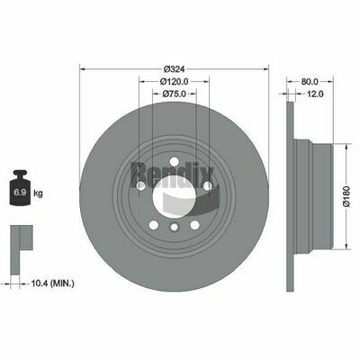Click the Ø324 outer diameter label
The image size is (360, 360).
coord(174,69)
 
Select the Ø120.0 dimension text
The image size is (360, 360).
coord(174,81)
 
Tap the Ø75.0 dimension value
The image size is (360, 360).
coord(175,94)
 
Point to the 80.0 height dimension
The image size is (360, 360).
coord(310,81)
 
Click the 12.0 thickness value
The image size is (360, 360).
coord(315,94)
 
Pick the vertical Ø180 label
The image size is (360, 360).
coord(346,196)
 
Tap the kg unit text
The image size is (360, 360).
coord(38,193)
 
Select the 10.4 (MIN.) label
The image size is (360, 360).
coord(52,283)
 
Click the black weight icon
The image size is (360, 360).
coord(21,187)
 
